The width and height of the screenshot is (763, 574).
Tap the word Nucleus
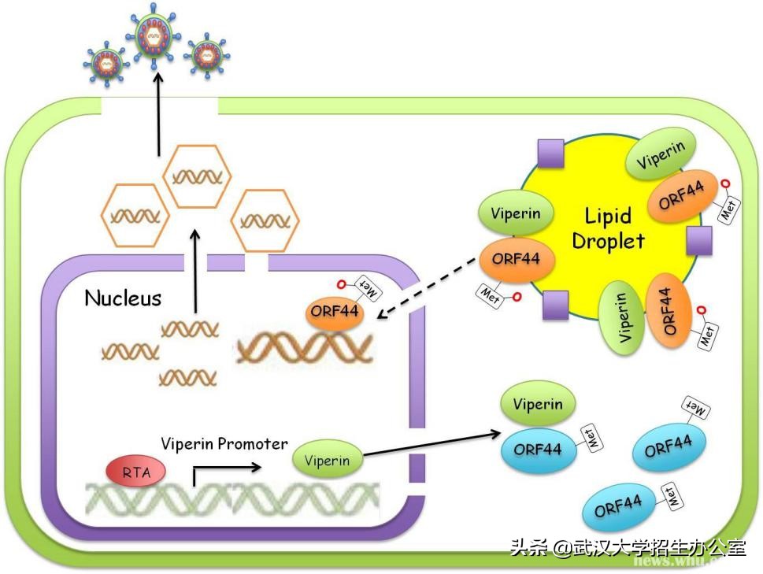pos(123,298)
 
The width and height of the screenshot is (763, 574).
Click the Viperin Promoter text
pos(224,444)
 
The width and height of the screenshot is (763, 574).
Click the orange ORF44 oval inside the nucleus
pos(335,312)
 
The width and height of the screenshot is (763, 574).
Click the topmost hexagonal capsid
pos(198,176)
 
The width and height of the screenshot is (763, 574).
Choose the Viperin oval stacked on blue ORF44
pos(539,405)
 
